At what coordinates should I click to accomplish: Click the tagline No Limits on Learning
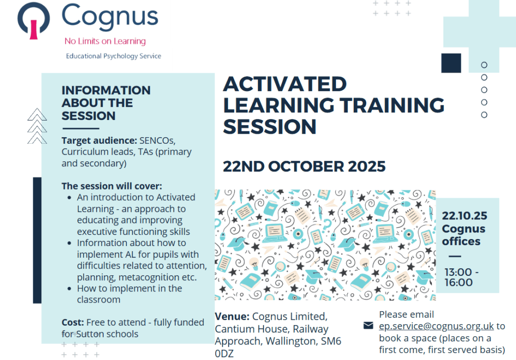pyautogui.click(x=105, y=41)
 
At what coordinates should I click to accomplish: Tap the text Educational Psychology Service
pyautogui.click(x=113, y=56)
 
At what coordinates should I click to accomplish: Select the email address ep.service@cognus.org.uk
pyautogui.click(x=436, y=326)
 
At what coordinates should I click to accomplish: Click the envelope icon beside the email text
pyautogui.click(x=368, y=325)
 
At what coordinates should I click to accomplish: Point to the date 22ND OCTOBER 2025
pyautogui.click(x=304, y=166)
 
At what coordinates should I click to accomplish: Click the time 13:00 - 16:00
pyautogui.click(x=462, y=277)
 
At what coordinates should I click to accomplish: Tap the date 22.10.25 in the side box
pyautogui.click(x=464, y=216)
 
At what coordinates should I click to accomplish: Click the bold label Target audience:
pyautogui.click(x=99, y=141)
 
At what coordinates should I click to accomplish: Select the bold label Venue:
pyautogui.click(x=232, y=317)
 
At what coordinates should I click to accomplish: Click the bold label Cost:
pyautogui.click(x=73, y=322)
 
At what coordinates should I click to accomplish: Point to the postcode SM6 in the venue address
pyautogui.click(x=331, y=341)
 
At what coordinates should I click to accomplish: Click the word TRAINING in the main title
pyautogui.click(x=392, y=105)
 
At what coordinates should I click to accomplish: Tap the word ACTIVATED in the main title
pyautogui.click(x=285, y=84)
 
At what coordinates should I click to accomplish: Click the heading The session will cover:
pyautogui.click(x=112, y=186)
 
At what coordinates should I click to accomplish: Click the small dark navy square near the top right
pyautogui.click(x=451, y=63)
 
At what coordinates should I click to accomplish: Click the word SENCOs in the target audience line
pyautogui.click(x=157, y=141)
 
